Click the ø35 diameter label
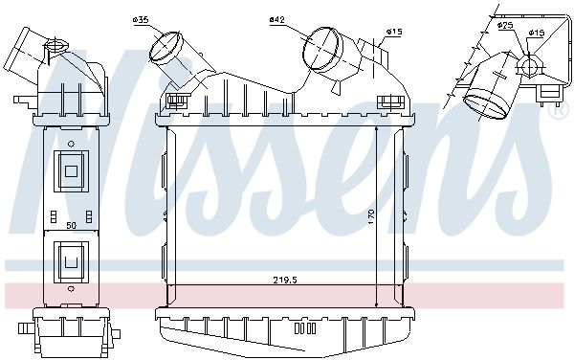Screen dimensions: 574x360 point(141,20)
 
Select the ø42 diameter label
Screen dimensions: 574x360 point(277,19)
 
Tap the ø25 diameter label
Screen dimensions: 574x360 point(505,25)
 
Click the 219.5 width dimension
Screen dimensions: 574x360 point(285,281)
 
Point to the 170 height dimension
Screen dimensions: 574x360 point(371,216)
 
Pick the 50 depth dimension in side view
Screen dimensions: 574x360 point(72,226)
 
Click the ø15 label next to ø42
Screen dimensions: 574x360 point(394,32)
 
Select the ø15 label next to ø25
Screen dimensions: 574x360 point(537,33)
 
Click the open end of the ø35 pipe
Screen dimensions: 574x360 point(166,47)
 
